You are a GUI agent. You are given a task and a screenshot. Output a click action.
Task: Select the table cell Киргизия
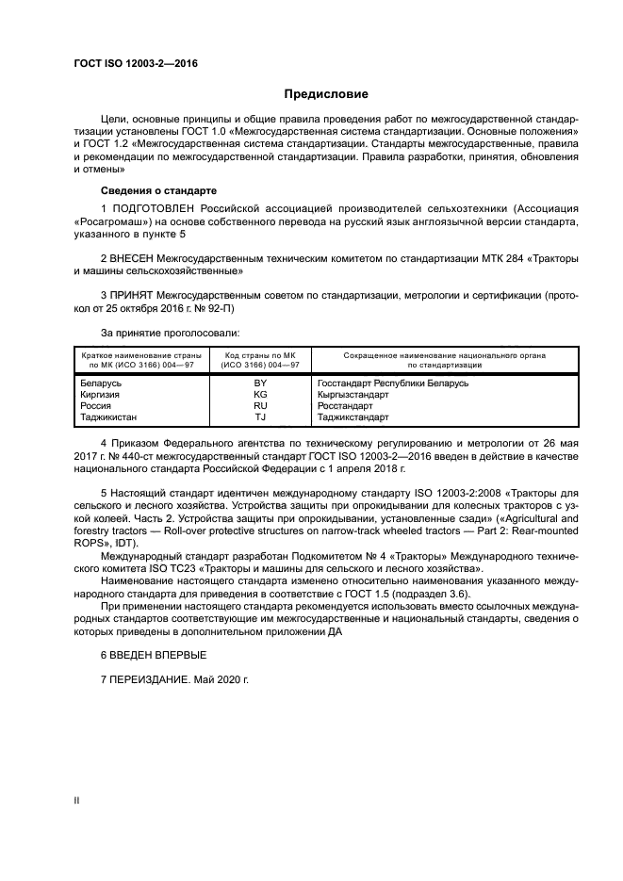pos(103,394)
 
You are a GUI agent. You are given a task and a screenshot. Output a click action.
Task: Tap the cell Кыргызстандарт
pos(353,394)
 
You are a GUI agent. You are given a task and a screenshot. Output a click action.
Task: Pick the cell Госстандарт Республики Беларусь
pos(393,383)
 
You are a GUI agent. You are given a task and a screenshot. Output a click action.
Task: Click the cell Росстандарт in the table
pos(346,405)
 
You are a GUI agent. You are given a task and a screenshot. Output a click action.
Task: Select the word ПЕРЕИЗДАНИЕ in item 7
pos(155,679)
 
